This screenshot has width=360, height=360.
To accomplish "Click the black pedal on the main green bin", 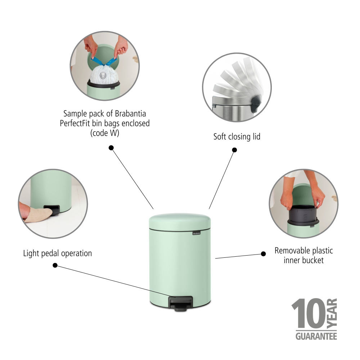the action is pos(180,303).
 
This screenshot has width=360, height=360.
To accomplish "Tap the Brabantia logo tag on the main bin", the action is pos(197,233).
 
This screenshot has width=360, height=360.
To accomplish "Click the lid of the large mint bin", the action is pos(180,221).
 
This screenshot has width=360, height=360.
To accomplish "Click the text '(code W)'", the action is pos(105,133).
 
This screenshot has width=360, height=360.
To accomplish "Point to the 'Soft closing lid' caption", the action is pos(237,136).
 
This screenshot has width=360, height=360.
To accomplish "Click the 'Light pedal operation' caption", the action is pos(57,253).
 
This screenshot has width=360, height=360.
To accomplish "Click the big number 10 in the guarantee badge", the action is pos(309,314).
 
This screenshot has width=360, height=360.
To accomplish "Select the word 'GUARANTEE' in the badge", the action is pos(316,336).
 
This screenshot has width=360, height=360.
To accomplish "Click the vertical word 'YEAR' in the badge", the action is pos(332,313).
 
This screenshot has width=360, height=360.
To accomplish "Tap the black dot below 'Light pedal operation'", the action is pos(55,265).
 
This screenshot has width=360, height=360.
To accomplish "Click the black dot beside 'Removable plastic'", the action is pos(264,254).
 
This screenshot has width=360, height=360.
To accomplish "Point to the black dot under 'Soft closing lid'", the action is pos(234,150).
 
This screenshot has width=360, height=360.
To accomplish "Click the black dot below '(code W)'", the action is pos(111,148).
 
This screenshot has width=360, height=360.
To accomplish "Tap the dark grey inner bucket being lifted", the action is pos(303,214).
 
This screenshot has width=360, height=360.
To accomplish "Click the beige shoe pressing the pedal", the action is pos(38,215).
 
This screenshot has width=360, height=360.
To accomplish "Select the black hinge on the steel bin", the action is pos(255,104).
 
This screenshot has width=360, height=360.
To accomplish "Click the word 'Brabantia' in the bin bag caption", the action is pos(130,114).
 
